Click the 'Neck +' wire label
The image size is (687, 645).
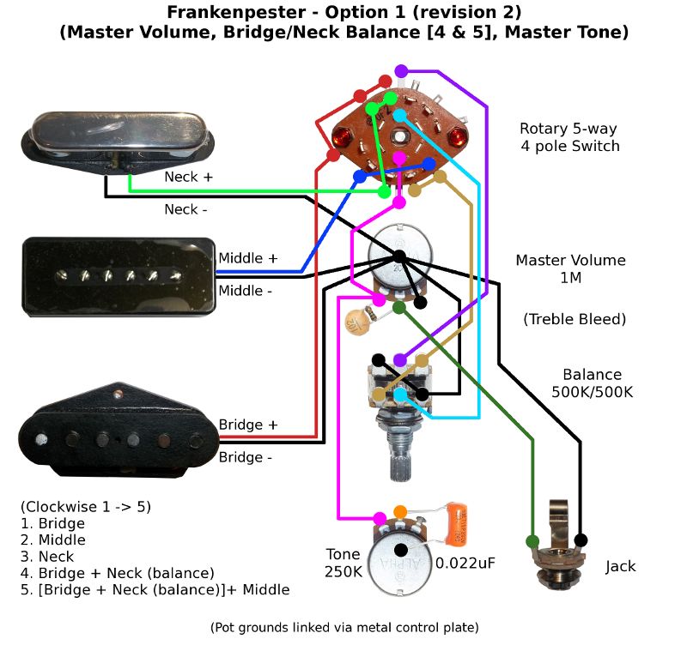pos(189,178)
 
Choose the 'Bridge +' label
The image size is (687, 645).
pos(248,425)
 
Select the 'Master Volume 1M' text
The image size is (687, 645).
pos(570,268)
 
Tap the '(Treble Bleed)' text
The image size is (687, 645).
pos(575,320)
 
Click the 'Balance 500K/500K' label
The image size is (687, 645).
pos(592,383)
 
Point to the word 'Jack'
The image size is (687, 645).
pos(621,567)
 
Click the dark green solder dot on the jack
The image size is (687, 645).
pos(532,541)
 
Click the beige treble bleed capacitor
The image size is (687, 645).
pos(355,322)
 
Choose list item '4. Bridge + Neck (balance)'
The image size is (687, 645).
pos(117,572)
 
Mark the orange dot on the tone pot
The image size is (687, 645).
pos(399,512)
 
